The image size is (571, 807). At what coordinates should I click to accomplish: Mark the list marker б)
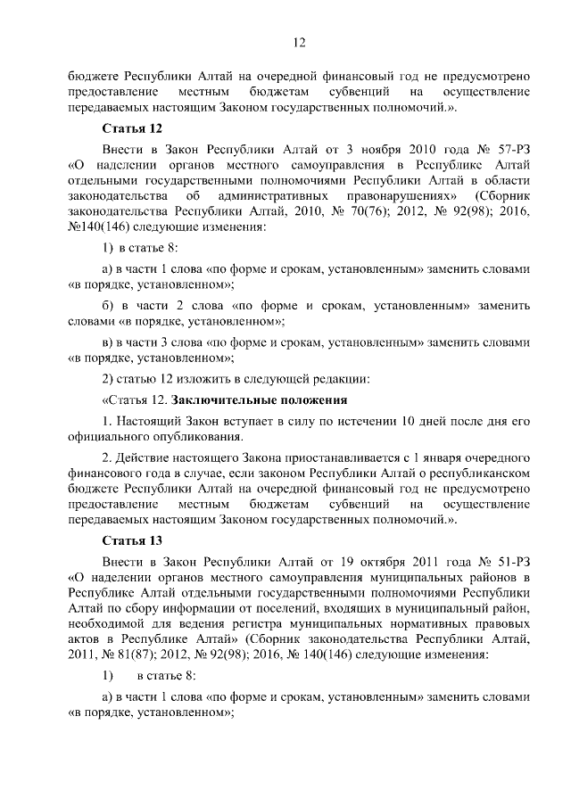(111, 306)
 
